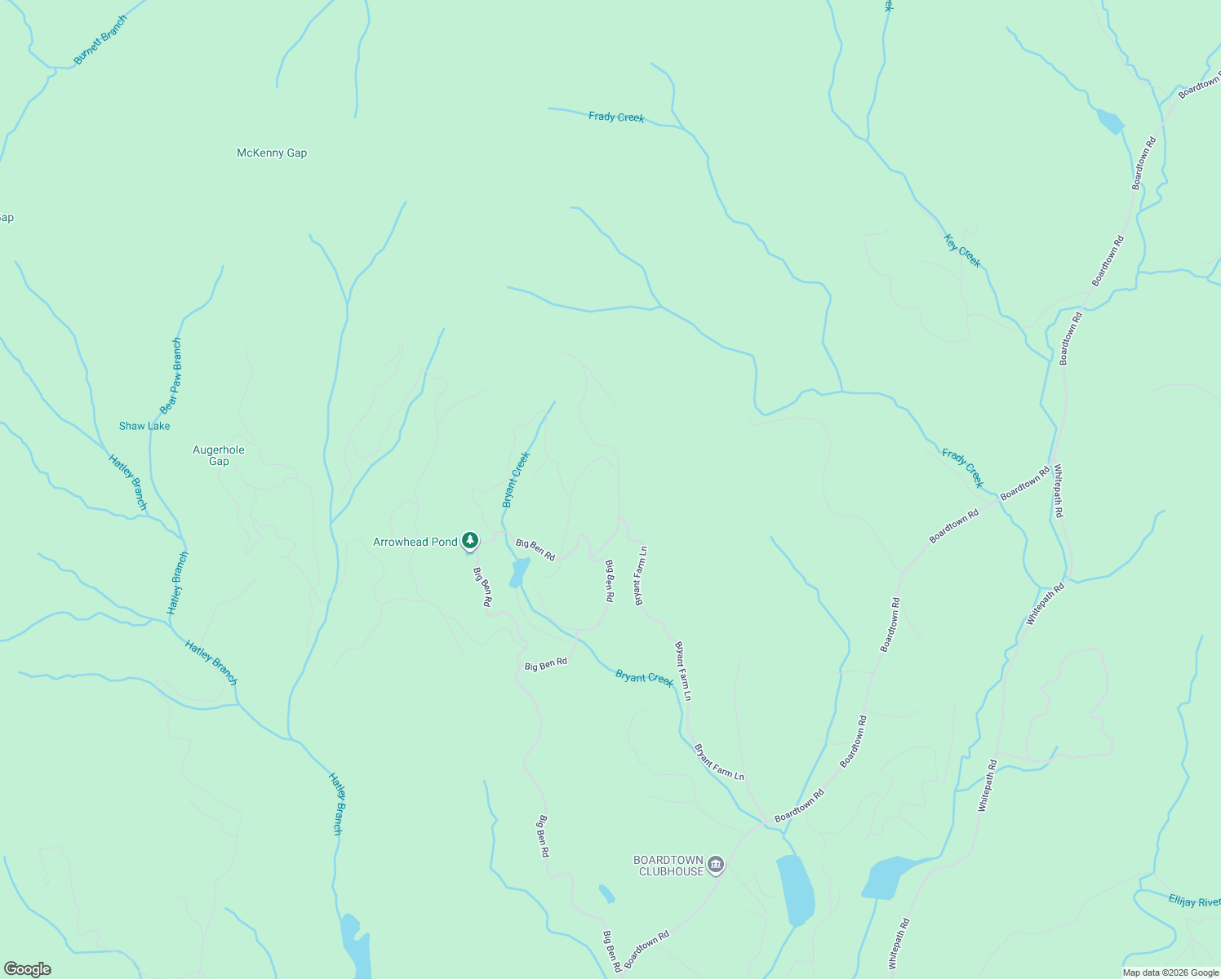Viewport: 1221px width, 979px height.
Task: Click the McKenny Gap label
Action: tap(272, 153)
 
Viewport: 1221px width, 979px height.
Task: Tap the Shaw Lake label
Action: tap(144, 426)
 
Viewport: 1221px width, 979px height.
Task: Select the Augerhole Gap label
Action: tap(219, 455)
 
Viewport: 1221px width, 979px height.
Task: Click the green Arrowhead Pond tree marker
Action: tap(470, 540)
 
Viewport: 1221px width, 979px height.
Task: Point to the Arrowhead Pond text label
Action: tap(415, 542)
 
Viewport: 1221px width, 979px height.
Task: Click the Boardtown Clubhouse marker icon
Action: tap(716, 864)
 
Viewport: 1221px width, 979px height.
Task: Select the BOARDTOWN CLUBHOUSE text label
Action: tap(668, 866)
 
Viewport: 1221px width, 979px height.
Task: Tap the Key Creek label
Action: tap(963, 250)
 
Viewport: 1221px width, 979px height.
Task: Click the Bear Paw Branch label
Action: tap(171, 376)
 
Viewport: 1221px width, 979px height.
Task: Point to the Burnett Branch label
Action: tap(100, 39)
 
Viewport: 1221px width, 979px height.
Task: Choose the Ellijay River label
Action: tap(1194, 901)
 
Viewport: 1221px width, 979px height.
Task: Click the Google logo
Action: tap(27, 969)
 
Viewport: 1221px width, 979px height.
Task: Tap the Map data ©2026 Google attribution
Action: tap(1170, 972)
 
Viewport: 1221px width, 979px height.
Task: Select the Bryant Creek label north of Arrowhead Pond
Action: tap(516, 480)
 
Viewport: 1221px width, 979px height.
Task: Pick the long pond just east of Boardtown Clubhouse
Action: tap(794, 890)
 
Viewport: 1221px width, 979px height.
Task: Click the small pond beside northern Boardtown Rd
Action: tap(1109, 122)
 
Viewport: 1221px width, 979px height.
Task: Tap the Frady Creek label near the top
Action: tap(616, 117)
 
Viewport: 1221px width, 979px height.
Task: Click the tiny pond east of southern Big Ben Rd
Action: tap(606, 893)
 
